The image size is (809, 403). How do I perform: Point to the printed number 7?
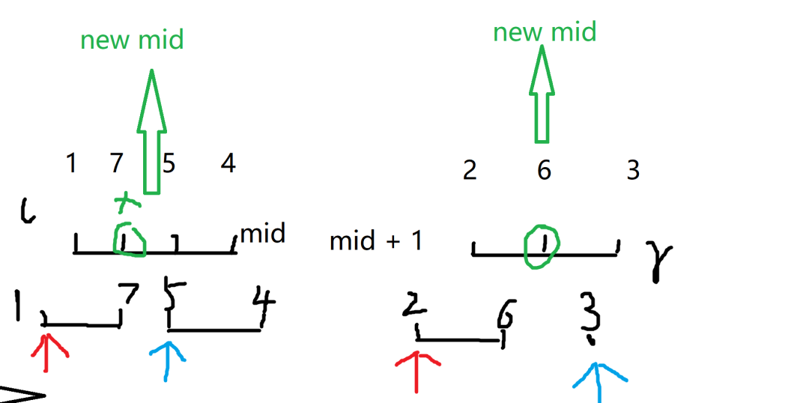click(x=117, y=163)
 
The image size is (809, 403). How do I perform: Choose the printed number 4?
click(x=228, y=163)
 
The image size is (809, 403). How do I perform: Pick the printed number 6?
click(x=544, y=171)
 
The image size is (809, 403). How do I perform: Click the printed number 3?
click(x=633, y=171)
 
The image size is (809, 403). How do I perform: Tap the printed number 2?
click(x=470, y=171)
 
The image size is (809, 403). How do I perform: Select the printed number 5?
click(x=169, y=163)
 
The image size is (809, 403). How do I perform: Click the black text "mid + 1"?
click(x=376, y=241)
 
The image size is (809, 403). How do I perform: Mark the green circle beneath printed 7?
click(x=129, y=239)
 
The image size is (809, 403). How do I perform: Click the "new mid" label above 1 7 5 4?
click(x=132, y=40)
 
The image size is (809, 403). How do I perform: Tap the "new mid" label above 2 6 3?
click(x=545, y=32)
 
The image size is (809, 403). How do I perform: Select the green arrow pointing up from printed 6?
click(x=542, y=94)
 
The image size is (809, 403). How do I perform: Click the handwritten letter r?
click(x=661, y=258)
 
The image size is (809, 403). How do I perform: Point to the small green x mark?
click(x=128, y=200)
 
